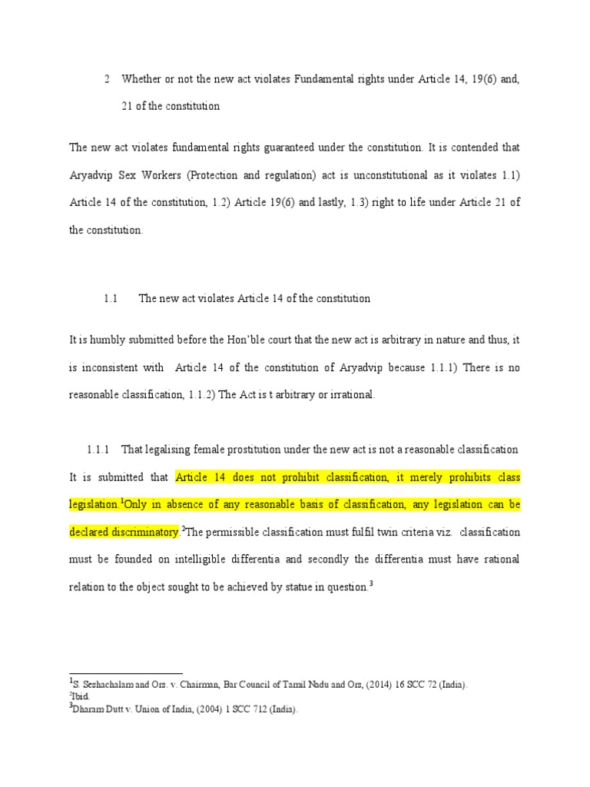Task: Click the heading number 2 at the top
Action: (x=107, y=80)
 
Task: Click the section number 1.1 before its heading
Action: (x=110, y=298)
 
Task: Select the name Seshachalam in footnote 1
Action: (x=105, y=683)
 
